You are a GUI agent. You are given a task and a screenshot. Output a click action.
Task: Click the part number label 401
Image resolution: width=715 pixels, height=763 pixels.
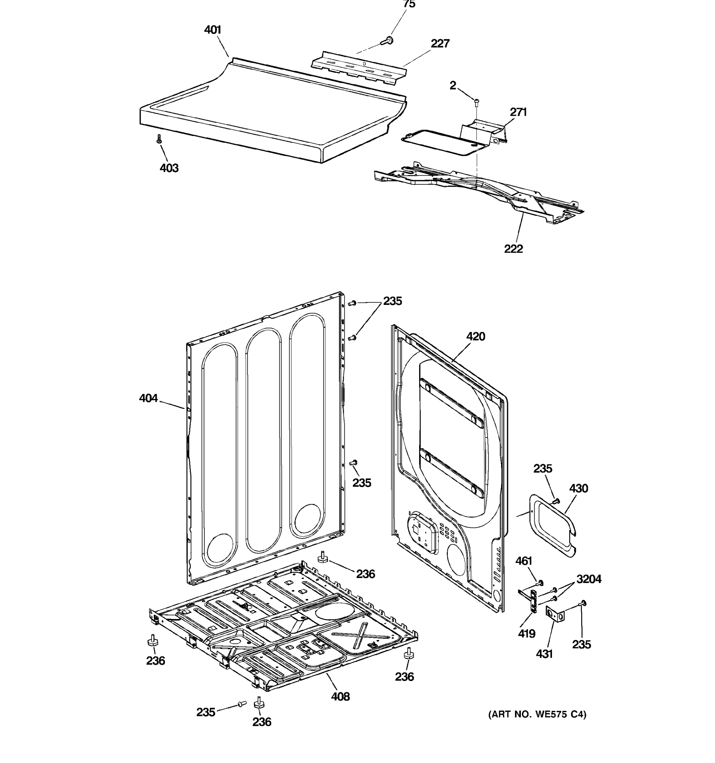click(213, 30)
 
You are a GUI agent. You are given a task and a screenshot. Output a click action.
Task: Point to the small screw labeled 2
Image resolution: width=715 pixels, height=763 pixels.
click(477, 102)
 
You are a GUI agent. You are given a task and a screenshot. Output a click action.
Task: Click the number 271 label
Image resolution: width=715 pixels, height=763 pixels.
click(518, 112)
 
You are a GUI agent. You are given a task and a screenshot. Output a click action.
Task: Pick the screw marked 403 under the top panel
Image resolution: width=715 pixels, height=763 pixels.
click(159, 139)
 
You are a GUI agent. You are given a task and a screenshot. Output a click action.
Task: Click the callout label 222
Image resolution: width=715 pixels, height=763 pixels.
click(513, 249)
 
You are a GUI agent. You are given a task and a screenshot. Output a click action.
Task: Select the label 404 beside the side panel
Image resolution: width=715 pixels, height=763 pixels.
click(148, 398)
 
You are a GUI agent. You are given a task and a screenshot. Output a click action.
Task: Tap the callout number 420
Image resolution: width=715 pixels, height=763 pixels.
click(476, 337)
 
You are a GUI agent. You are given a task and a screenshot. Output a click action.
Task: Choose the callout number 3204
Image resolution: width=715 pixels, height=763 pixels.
click(589, 579)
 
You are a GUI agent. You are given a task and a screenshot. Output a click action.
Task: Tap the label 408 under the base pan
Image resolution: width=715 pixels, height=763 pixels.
click(340, 697)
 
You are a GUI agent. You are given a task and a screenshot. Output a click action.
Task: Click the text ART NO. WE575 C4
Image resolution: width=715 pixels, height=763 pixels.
click(537, 714)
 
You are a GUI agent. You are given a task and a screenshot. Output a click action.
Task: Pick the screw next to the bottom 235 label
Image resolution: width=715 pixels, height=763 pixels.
click(241, 704)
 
